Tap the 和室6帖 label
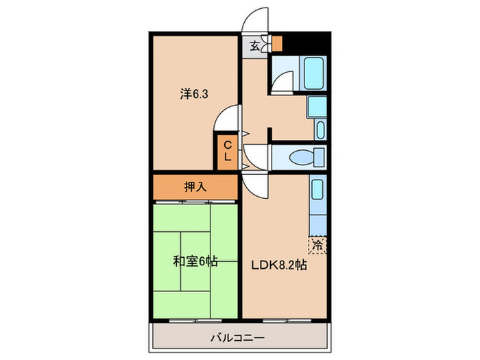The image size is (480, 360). pos(195,261)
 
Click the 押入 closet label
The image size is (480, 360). pos(195,186)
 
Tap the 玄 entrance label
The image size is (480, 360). pos(254,46)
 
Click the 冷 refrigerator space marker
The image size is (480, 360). pos(317,244)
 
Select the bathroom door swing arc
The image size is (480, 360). pos(282,84)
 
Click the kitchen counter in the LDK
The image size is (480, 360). pos(317,206)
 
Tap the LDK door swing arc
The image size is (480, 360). pos(254,183)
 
